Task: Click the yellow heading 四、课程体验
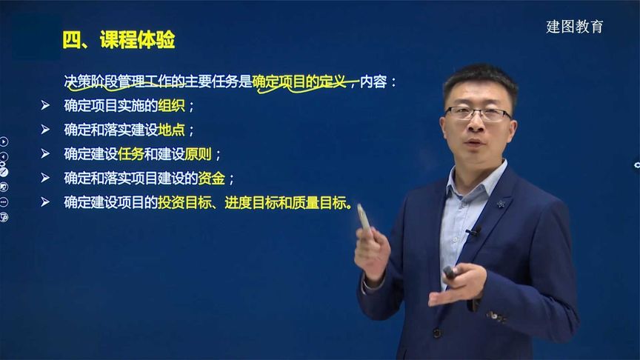[x=119, y=39]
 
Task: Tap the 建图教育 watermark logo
[x=574, y=27]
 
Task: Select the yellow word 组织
[x=171, y=106]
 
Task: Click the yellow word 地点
[x=171, y=130]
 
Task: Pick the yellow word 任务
[x=131, y=154]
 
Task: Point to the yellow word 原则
[x=198, y=154]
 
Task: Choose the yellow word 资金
[x=211, y=178]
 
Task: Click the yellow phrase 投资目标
[x=184, y=202]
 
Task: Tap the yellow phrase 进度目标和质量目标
[x=285, y=202]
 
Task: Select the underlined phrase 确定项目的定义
[x=299, y=81]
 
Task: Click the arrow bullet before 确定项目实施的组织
[x=45, y=106]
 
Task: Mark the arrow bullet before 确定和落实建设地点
[x=45, y=130]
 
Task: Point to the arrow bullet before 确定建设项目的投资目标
[x=45, y=202]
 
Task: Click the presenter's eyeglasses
[x=478, y=114]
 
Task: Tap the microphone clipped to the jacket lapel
[x=473, y=231]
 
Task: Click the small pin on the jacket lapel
[x=501, y=203]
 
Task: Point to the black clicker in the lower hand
[x=450, y=273]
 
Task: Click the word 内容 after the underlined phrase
[x=373, y=81]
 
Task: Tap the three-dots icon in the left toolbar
[x=4, y=202]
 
